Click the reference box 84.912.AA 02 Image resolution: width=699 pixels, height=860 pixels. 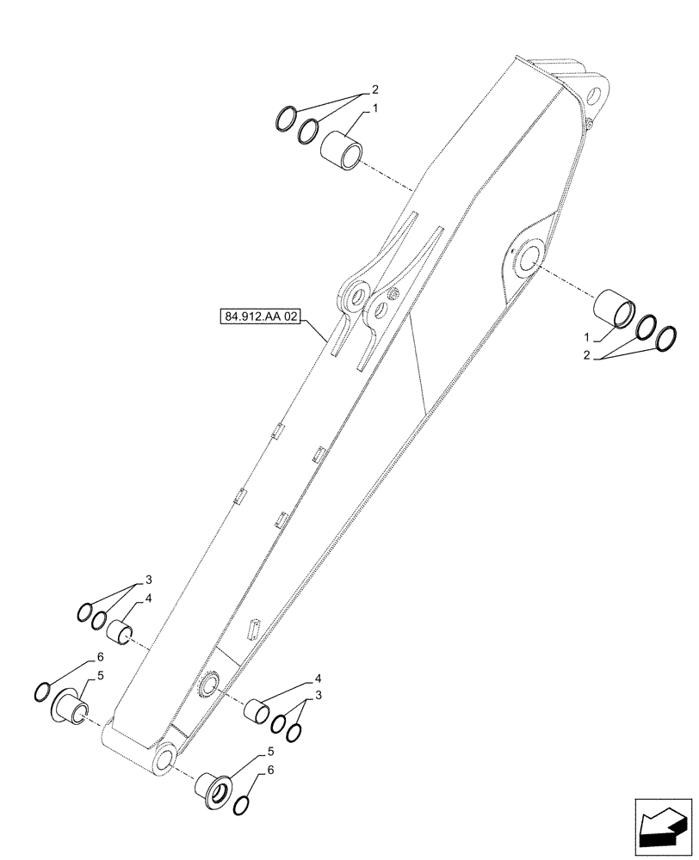[x=261, y=317]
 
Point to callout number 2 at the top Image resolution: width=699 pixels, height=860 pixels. [x=374, y=89]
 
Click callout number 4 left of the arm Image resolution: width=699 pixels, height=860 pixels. [x=149, y=598]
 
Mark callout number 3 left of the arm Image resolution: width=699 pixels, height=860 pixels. [x=148, y=579]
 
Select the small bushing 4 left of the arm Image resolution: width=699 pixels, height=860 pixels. [x=120, y=634]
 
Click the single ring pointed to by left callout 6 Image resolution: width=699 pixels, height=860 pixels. [x=41, y=691]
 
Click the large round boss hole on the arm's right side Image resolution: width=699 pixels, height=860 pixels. [x=526, y=257]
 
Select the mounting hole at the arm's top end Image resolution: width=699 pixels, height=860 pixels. [x=593, y=93]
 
